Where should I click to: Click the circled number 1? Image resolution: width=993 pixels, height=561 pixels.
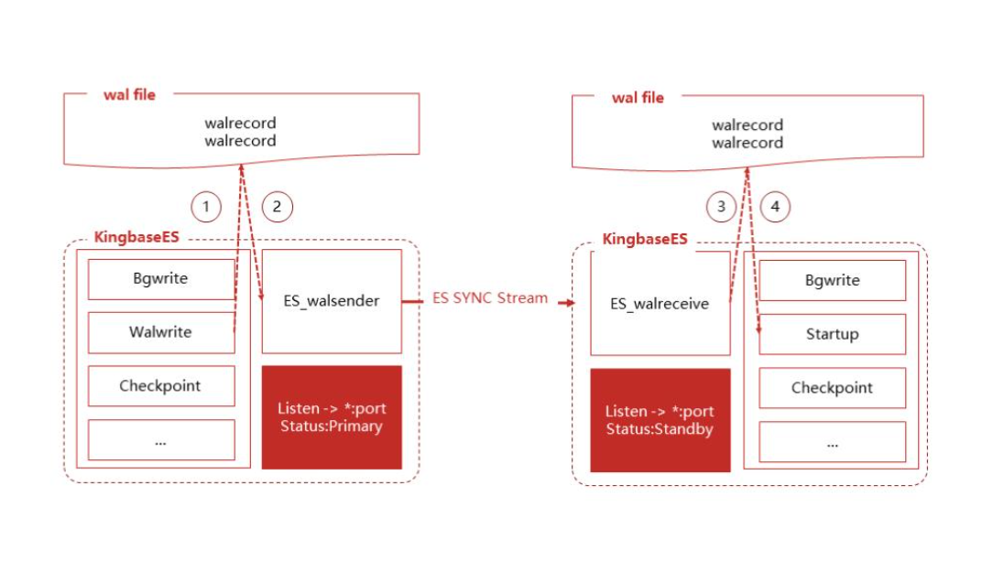point(205,206)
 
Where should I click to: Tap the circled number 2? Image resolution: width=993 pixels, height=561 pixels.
point(277,206)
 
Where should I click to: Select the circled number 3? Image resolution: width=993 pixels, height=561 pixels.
point(721,207)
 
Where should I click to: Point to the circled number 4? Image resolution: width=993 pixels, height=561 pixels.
point(775,207)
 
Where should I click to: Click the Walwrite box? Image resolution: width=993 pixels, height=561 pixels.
point(160,332)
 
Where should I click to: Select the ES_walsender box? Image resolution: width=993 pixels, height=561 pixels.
point(332,301)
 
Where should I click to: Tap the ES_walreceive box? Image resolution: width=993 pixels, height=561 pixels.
point(660,304)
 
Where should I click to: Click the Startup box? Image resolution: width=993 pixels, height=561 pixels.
point(832,334)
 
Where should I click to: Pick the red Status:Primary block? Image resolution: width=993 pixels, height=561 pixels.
point(332,417)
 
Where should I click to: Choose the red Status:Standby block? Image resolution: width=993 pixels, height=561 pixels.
point(660,420)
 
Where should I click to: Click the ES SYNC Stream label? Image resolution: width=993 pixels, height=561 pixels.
point(490,297)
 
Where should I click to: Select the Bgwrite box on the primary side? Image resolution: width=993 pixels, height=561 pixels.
point(160,279)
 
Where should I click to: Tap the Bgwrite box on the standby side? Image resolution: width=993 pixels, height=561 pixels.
point(832,280)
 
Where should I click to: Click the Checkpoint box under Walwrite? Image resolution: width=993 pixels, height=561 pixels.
point(160,385)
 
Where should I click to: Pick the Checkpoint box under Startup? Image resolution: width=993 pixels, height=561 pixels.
point(832,387)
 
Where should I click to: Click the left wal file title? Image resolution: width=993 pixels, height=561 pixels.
point(129,95)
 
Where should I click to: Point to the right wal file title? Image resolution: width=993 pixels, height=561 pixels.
point(638,97)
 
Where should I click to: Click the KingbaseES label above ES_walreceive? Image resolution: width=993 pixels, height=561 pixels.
point(645,239)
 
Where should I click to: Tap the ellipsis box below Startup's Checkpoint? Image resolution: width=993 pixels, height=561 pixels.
point(832,441)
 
